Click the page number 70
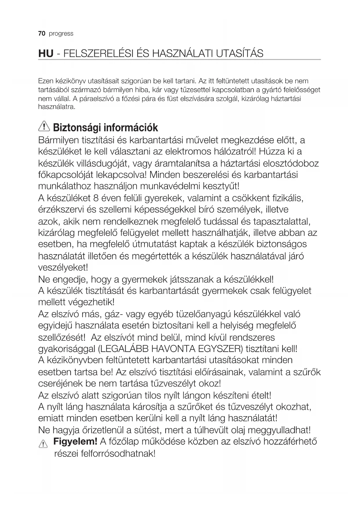coord(42,34)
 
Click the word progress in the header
coord(61,34)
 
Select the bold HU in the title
coord(46,54)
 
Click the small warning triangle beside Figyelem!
coord(43,444)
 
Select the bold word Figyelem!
coord(75,442)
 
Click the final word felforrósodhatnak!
coord(105,453)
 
